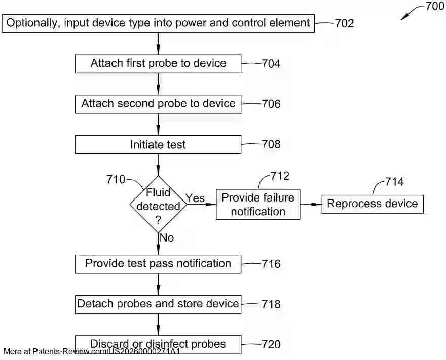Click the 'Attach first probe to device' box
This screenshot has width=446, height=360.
click(x=158, y=64)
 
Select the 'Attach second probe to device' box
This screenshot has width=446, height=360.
click(x=158, y=104)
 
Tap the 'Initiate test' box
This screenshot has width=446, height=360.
click(x=158, y=145)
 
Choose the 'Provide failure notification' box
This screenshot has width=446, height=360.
click(x=257, y=205)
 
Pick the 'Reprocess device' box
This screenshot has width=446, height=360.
click(x=372, y=204)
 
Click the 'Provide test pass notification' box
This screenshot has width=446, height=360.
click(x=158, y=264)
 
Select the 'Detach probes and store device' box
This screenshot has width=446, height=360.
click(x=158, y=304)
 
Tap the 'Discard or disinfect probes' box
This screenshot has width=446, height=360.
click(x=158, y=344)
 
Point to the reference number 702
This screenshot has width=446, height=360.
click(x=344, y=23)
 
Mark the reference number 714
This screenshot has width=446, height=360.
click(x=395, y=182)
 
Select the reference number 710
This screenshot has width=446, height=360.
click(x=116, y=180)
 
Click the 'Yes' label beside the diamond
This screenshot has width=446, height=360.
click(x=195, y=198)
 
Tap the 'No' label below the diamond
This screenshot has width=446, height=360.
click(x=167, y=237)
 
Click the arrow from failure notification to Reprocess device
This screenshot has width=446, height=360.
click(x=311, y=204)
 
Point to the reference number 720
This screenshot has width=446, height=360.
click(x=271, y=345)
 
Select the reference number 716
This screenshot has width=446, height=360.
click(x=271, y=264)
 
